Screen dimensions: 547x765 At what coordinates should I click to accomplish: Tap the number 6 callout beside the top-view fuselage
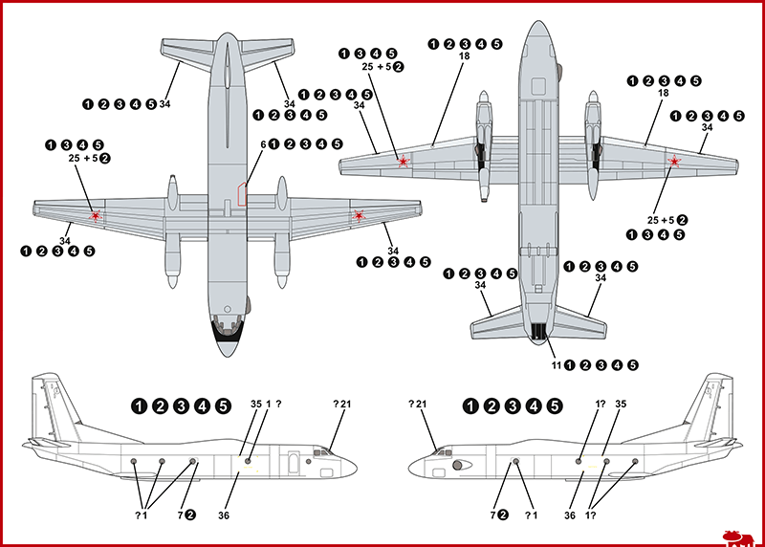pyautogui.click(x=263, y=144)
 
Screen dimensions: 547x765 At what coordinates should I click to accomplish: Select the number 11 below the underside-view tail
pyautogui.click(x=556, y=364)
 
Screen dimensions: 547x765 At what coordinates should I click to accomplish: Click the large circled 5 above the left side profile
pyautogui.click(x=223, y=405)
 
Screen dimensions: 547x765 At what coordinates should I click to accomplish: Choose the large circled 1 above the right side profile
pyautogui.click(x=470, y=405)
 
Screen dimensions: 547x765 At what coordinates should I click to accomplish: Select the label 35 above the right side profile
pyautogui.click(x=621, y=405)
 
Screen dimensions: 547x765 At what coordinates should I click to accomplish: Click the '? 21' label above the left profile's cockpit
pyautogui.click(x=342, y=405)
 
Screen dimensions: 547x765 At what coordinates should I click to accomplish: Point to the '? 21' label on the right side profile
pyautogui.click(x=418, y=405)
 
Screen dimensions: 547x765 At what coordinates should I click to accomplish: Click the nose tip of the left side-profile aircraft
pyautogui.click(x=355, y=466)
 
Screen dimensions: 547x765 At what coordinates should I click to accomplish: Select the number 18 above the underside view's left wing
pyautogui.click(x=465, y=56)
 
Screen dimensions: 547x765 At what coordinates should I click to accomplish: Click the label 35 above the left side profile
pyautogui.click(x=255, y=405)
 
